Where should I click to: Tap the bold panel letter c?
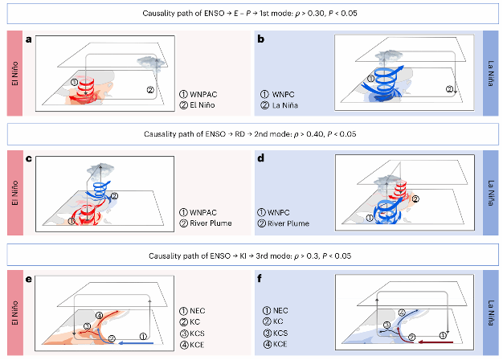[x=29, y=157]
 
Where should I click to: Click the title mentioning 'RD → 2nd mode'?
[x=251, y=133]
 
